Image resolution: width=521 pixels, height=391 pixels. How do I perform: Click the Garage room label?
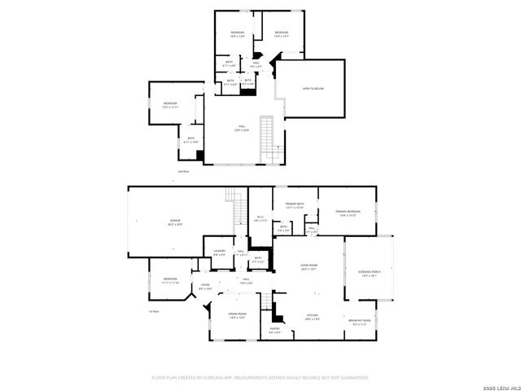(x=175, y=222)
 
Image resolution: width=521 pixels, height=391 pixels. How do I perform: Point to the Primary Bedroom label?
(x=348, y=213)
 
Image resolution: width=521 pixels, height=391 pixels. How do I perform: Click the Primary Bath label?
(x=295, y=205)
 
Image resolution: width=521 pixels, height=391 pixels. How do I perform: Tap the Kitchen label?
(x=312, y=317)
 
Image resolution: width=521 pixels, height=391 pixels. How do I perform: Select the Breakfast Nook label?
(x=359, y=322)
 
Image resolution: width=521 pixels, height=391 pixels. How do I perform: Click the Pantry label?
(x=275, y=330)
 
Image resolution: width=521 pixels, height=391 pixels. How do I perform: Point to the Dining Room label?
(x=237, y=315)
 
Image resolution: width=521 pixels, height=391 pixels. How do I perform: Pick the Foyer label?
(x=205, y=287)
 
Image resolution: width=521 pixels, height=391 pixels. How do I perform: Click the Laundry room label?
(x=219, y=253)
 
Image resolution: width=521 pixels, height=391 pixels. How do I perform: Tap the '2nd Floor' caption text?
(x=183, y=172)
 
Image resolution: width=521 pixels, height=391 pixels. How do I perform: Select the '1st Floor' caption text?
(x=153, y=311)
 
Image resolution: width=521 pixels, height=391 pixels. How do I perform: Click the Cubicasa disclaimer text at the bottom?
(x=260, y=378)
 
